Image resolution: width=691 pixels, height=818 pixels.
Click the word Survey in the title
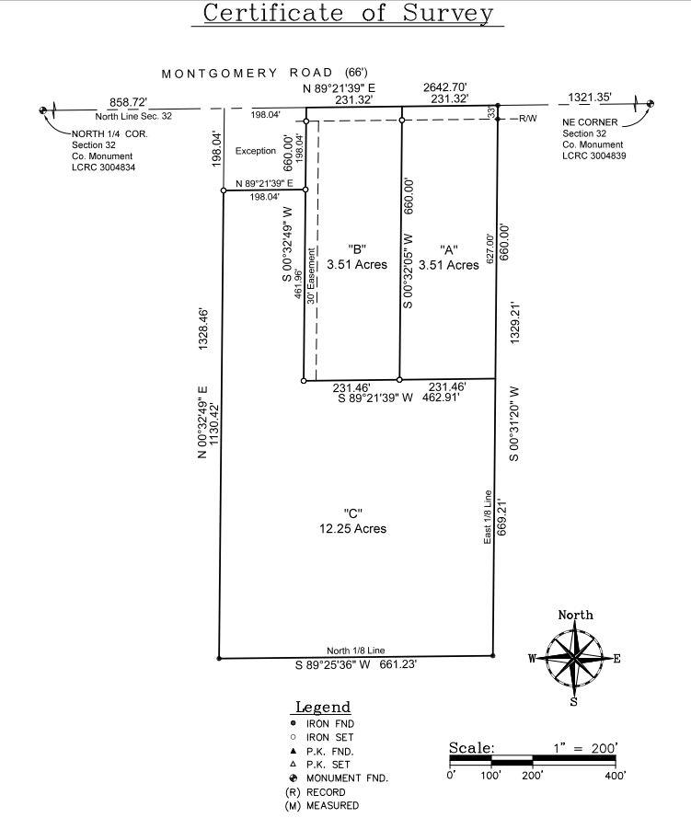447,14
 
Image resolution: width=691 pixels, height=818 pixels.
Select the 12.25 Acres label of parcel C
353,528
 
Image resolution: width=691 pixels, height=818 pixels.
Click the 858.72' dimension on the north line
128,102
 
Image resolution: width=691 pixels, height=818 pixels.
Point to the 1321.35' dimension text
589,97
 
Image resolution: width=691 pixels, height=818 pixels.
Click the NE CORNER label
590,122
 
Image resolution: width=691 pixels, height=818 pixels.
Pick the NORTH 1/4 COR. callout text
109,133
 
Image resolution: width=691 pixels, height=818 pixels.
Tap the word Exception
256,151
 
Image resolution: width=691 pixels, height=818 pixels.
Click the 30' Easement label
311,276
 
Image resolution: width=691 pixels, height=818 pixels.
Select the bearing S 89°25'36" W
333,664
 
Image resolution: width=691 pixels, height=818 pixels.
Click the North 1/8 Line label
356,651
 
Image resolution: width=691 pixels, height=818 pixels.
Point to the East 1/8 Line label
488,517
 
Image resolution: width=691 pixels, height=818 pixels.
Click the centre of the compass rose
574,658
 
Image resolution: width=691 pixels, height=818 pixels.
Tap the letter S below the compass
573,702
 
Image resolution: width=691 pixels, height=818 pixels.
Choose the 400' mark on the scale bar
616,776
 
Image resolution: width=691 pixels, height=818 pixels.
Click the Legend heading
323,707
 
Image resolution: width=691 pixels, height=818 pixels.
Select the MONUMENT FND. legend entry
347,778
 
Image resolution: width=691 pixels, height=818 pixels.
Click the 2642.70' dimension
444,87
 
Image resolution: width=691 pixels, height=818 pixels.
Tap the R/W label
528,119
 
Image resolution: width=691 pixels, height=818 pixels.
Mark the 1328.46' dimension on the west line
202,329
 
